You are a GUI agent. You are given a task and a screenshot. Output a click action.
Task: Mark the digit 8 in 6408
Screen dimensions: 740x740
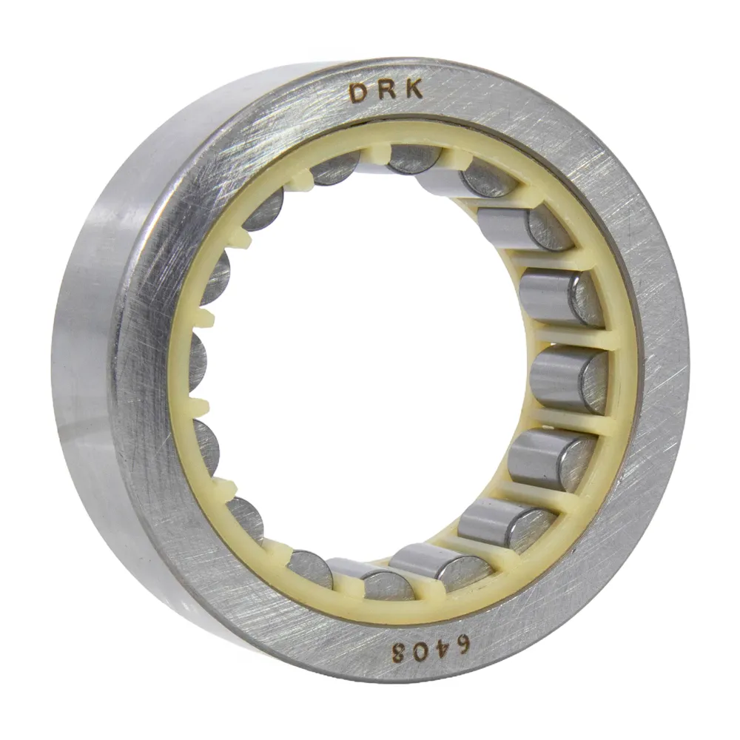390,654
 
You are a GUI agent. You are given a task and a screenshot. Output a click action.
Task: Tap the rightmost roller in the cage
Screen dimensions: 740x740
569,379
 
